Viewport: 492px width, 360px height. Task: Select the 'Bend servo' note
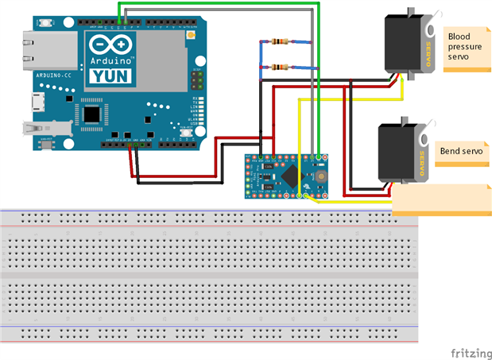[458, 151]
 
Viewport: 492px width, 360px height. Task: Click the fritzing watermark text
[470, 351]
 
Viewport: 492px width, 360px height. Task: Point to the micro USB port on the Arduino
[37, 102]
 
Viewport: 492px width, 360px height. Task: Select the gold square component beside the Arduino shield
[191, 37]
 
